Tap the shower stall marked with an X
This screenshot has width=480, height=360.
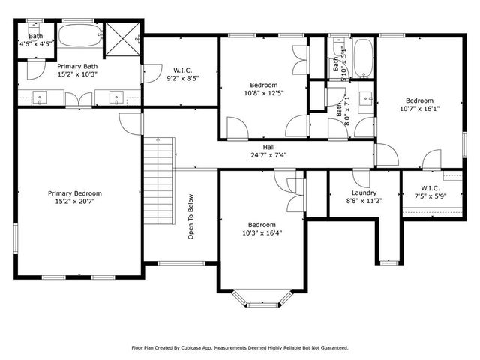click(x=123, y=36)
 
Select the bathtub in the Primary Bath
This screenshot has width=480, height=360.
click(x=80, y=36)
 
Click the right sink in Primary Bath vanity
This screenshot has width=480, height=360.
click(x=118, y=96)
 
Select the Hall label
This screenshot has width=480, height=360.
click(x=268, y=147)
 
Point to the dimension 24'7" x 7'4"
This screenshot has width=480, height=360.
click(x=268, y=156)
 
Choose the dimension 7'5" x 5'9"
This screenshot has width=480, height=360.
click(x=430, y=196)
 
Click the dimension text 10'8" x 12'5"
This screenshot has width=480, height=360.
click(x=262, y=94)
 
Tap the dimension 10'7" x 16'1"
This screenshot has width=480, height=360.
click(x=419, y=109)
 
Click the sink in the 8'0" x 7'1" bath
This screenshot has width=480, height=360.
click(x=367, y=97)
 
